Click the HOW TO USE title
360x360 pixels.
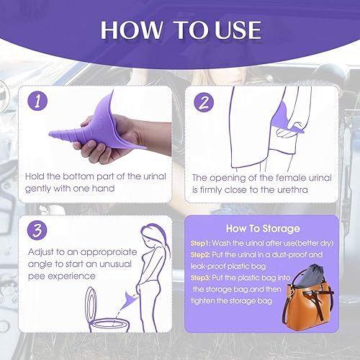click(180, 30)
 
